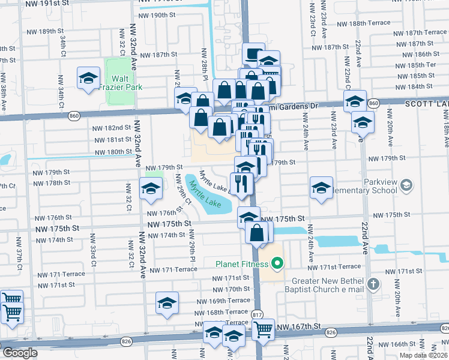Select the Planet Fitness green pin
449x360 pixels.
[x=277, y=263]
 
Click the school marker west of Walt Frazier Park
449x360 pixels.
[x=88, y=79]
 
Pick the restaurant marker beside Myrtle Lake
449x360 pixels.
[x=241, y=184]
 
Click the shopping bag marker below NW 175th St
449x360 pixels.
[x=257, y=233]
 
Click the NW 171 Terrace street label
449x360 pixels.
[x=173, y=269]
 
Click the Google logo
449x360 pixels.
[x=19, y=353]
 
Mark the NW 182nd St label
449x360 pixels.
[x=112, y=128]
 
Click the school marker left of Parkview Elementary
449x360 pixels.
[x=321, y=188]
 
